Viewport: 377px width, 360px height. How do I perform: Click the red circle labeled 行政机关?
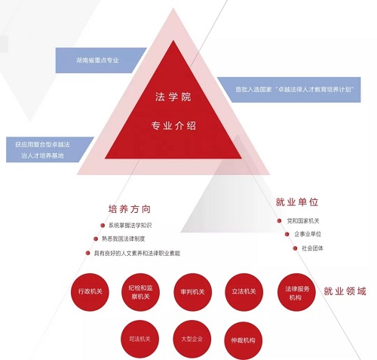90,292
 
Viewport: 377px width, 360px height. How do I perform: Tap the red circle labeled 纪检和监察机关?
141,292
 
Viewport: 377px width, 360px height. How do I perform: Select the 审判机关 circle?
193,292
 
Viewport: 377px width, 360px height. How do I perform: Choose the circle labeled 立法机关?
244,292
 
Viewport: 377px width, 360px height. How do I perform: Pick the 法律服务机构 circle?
296,292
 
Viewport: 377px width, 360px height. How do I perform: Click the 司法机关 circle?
140,339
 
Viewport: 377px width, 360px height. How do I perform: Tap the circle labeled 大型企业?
192,339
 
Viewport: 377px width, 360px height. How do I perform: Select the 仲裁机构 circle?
243,340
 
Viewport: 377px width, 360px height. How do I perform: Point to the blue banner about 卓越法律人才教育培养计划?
289,90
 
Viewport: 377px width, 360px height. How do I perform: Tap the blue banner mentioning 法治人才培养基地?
50,149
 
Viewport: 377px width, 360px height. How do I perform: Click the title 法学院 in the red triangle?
173,97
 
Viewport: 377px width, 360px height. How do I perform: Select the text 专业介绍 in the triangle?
173,125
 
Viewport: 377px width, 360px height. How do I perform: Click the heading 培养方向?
130,209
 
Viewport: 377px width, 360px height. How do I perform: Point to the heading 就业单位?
297,202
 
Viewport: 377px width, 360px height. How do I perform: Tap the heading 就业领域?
345,291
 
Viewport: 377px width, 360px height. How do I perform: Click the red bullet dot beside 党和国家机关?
279,221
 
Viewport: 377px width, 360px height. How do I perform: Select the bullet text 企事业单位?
308,234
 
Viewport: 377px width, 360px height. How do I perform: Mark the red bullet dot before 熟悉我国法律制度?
96,238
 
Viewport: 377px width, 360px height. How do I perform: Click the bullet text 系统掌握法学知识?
130,226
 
